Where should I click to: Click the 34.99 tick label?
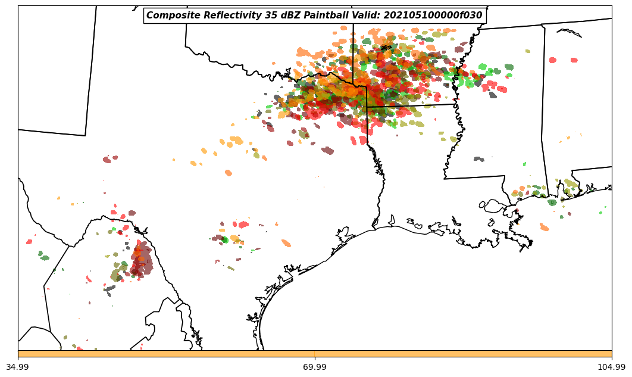[18, 367]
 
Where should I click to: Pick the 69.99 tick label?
[314, 367]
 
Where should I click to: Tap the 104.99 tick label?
[611, 367]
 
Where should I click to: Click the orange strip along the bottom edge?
[315, 354]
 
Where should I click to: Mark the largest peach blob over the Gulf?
[544, 227]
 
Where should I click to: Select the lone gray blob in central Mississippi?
[479, 159]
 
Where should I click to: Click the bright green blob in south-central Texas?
[225, 239]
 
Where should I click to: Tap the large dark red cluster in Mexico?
[142, 261]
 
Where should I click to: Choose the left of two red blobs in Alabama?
[553, 60]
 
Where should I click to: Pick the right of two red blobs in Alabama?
[574, 60]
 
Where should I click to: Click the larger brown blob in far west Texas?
[107, 160]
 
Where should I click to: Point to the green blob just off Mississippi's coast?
[552, 202]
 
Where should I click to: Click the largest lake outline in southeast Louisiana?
[494, 206]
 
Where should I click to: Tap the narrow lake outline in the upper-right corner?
[570, 32]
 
